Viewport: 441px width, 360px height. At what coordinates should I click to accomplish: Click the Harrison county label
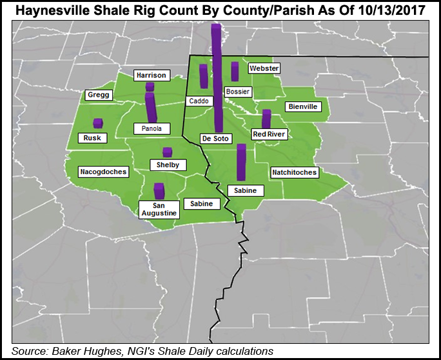click(x=152, y=75)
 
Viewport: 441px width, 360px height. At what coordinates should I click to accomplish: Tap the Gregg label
click(x=99, y=95)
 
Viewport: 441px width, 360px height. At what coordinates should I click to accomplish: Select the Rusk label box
click(x=92, y=138)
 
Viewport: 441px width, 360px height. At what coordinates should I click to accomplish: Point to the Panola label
click(x=152, y=128)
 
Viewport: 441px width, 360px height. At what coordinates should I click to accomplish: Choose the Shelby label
click(x=168, y=165)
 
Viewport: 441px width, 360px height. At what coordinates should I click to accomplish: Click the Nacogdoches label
click(x=103, y=172)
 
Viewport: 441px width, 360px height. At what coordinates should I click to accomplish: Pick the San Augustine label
click(x=158, y=208)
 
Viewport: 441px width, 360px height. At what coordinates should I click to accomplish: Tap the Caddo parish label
click(x=197, y=101)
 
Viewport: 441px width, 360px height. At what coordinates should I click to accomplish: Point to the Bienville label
click(x=303, y=106)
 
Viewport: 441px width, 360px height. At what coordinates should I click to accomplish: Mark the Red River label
click(x=268, y=134)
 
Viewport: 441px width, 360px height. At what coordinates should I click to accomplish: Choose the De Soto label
click(x=216, y=139)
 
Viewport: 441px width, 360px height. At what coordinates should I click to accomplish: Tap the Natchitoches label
click(x=294, y=172)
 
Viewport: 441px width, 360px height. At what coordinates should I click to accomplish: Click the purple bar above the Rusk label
click(x=98, y=123)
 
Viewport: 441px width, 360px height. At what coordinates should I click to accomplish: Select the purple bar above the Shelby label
click(x=168, y=152)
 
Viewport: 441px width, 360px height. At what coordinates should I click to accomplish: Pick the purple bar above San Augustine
click(x=159, y=191)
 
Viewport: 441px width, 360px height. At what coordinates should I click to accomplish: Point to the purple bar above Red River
click(x=266, y=119)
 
